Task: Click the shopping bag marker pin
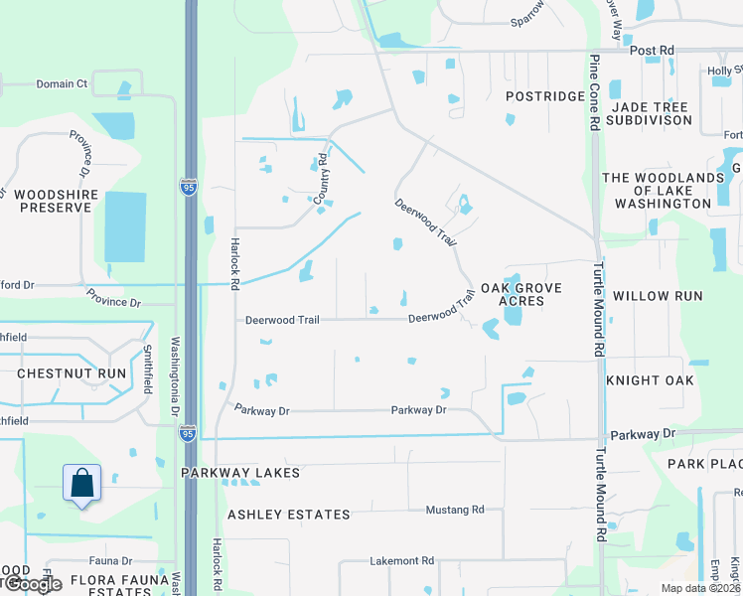pos(83,484)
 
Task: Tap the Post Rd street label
pos(652,50)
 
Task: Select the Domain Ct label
pos(63,84)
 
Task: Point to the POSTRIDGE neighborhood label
pos(545,96)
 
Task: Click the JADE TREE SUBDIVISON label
pos(652,113)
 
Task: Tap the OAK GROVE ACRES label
pos(521,295)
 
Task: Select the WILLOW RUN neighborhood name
pos(658,296)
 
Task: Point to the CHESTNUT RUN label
pos(71,373)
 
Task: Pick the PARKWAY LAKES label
pos(240,473)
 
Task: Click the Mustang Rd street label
pos(454,510)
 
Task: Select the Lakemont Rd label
pos(402,561)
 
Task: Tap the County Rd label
pos(322,179)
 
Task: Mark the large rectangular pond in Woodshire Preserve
pos(124,226)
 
